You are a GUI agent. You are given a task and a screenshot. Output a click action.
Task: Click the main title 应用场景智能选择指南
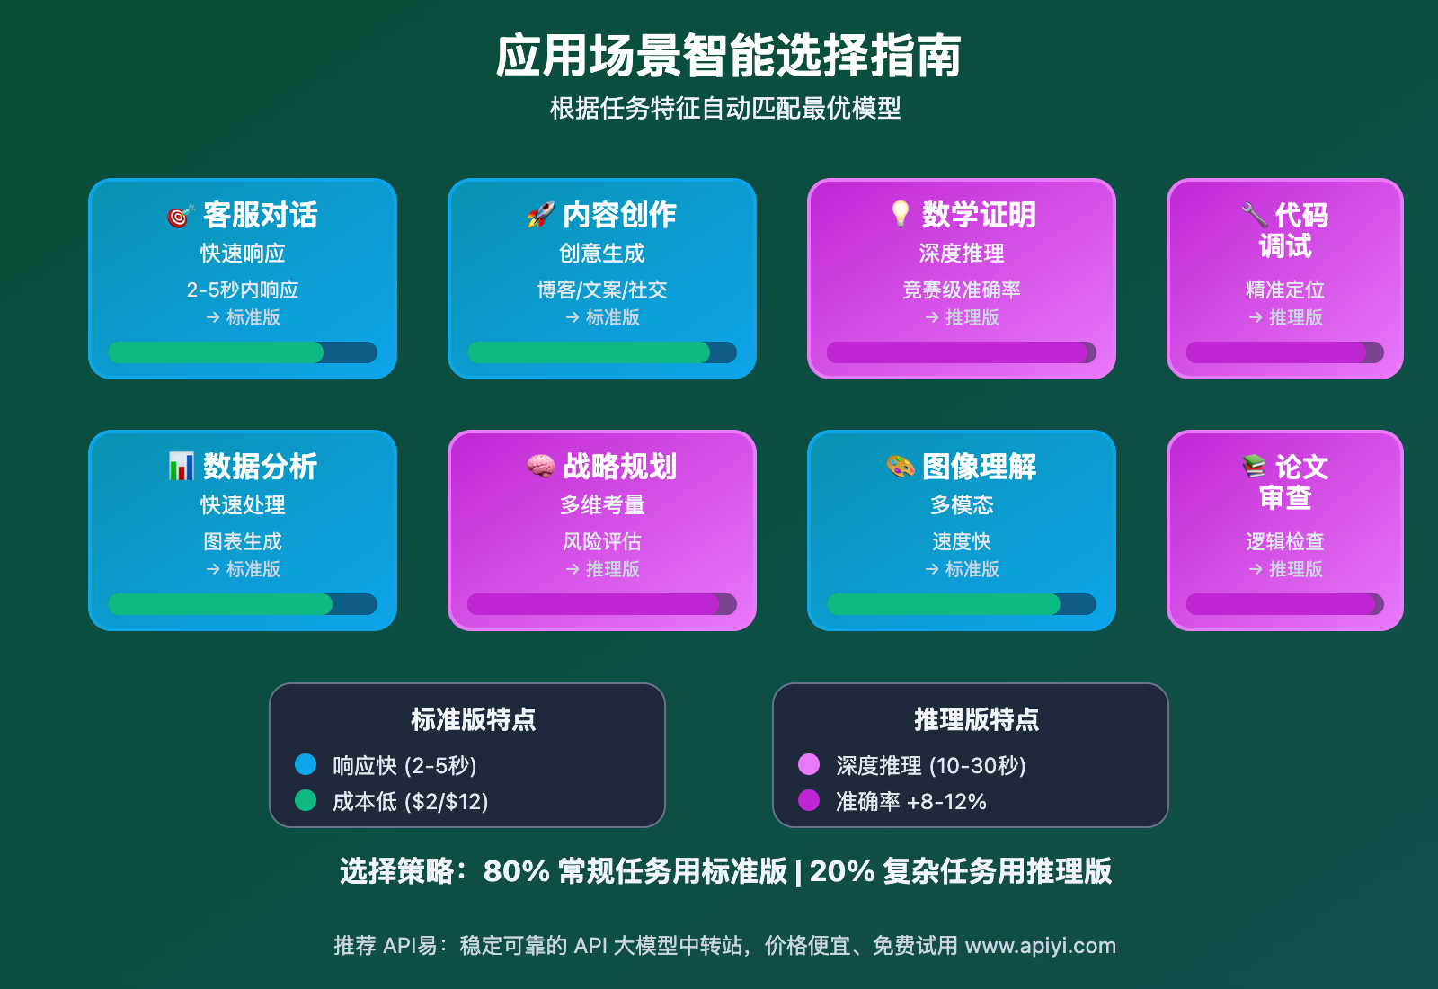728,56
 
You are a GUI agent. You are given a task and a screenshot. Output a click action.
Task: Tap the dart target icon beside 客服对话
181,216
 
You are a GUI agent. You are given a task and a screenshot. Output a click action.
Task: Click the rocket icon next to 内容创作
540,215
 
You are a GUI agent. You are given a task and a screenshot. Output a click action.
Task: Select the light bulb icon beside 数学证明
900,214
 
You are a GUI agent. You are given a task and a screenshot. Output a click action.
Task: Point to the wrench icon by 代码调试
1254,215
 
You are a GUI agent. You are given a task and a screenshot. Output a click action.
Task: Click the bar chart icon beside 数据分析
181,466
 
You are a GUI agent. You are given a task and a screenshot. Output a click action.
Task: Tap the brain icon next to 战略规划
540,466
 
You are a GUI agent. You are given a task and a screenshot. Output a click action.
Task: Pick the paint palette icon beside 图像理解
900,466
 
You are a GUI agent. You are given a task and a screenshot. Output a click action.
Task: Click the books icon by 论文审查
1254,466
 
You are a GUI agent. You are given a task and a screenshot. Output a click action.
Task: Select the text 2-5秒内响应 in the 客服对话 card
243,290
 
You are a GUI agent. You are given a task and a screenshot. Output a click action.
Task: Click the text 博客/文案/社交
602,290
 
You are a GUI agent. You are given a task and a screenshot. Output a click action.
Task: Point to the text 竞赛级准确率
962,290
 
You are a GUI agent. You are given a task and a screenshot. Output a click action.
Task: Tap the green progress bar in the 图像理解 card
944,604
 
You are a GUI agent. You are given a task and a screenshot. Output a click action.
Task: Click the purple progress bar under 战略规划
593,604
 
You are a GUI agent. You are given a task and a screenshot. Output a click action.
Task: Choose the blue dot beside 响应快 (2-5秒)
306,764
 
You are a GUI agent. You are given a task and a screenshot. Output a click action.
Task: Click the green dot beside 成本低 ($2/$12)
306,800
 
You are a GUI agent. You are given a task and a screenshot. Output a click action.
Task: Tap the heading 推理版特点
976,719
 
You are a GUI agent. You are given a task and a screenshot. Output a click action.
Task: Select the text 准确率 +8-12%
910,801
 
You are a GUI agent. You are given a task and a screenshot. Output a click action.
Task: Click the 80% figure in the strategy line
516,871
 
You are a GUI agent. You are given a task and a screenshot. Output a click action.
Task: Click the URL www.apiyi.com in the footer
1040,946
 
